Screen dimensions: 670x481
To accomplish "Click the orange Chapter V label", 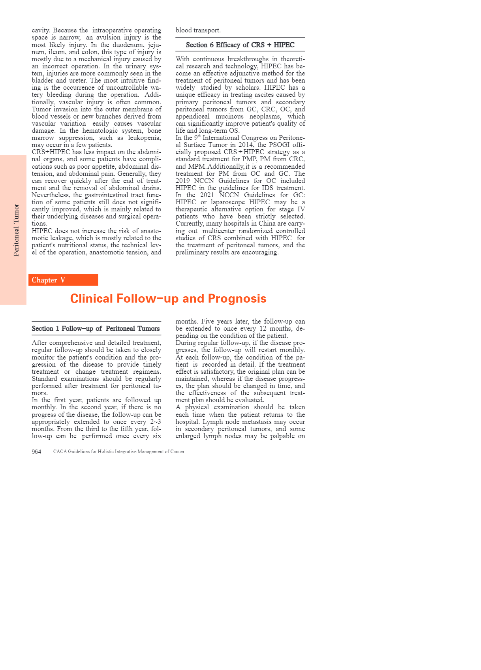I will [x=49, y=280].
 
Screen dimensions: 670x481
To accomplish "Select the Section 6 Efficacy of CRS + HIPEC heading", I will [x=240, y=45].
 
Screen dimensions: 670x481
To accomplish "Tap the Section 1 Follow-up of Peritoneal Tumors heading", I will [x=96, y=328].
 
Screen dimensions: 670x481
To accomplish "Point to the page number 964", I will [x=36, y=452].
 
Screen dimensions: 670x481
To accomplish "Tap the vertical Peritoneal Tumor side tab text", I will [x=16, y=230].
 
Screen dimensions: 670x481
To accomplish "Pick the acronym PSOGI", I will [x=279, y=145].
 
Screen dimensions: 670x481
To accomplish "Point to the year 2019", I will [x=183, y=181].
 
